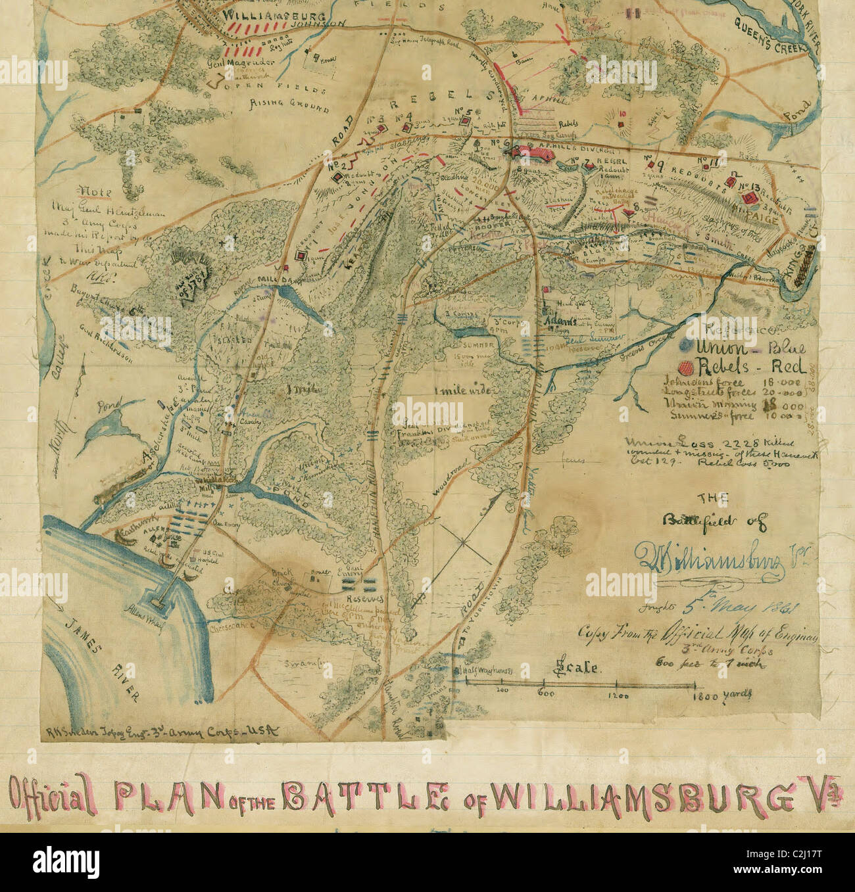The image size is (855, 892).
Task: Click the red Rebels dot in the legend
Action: [x=685, y=367]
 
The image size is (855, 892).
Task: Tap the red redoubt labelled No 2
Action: [x=337, y=177]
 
